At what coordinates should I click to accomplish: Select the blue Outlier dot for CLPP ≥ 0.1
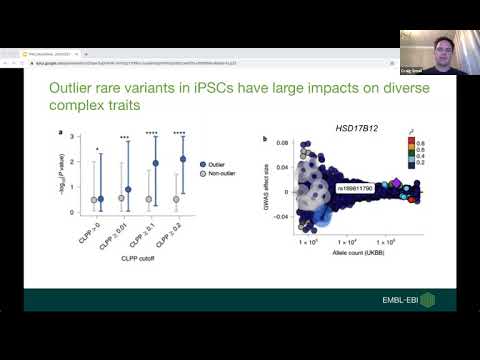(155, 163)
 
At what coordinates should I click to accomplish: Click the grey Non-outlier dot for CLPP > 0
(94, 200)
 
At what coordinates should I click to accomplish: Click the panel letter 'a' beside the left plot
(63, 134)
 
